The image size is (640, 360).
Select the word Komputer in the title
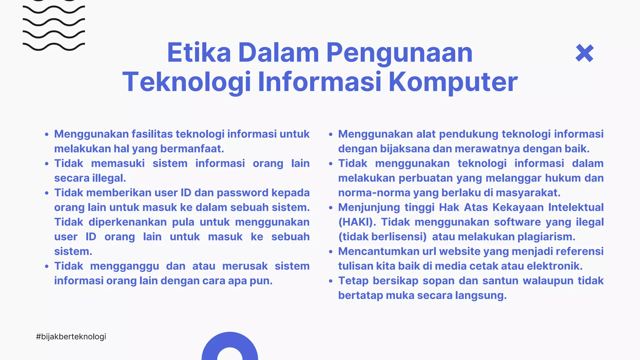pos(453,82)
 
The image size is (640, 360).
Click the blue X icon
pos(584,53)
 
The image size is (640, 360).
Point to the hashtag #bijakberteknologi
pos(71,337)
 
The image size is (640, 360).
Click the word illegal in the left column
pos(109,178)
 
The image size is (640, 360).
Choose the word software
pos(517,222)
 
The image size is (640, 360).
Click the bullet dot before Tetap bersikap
pos(331,281)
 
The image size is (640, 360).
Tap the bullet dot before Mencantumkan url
pos(331,252)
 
